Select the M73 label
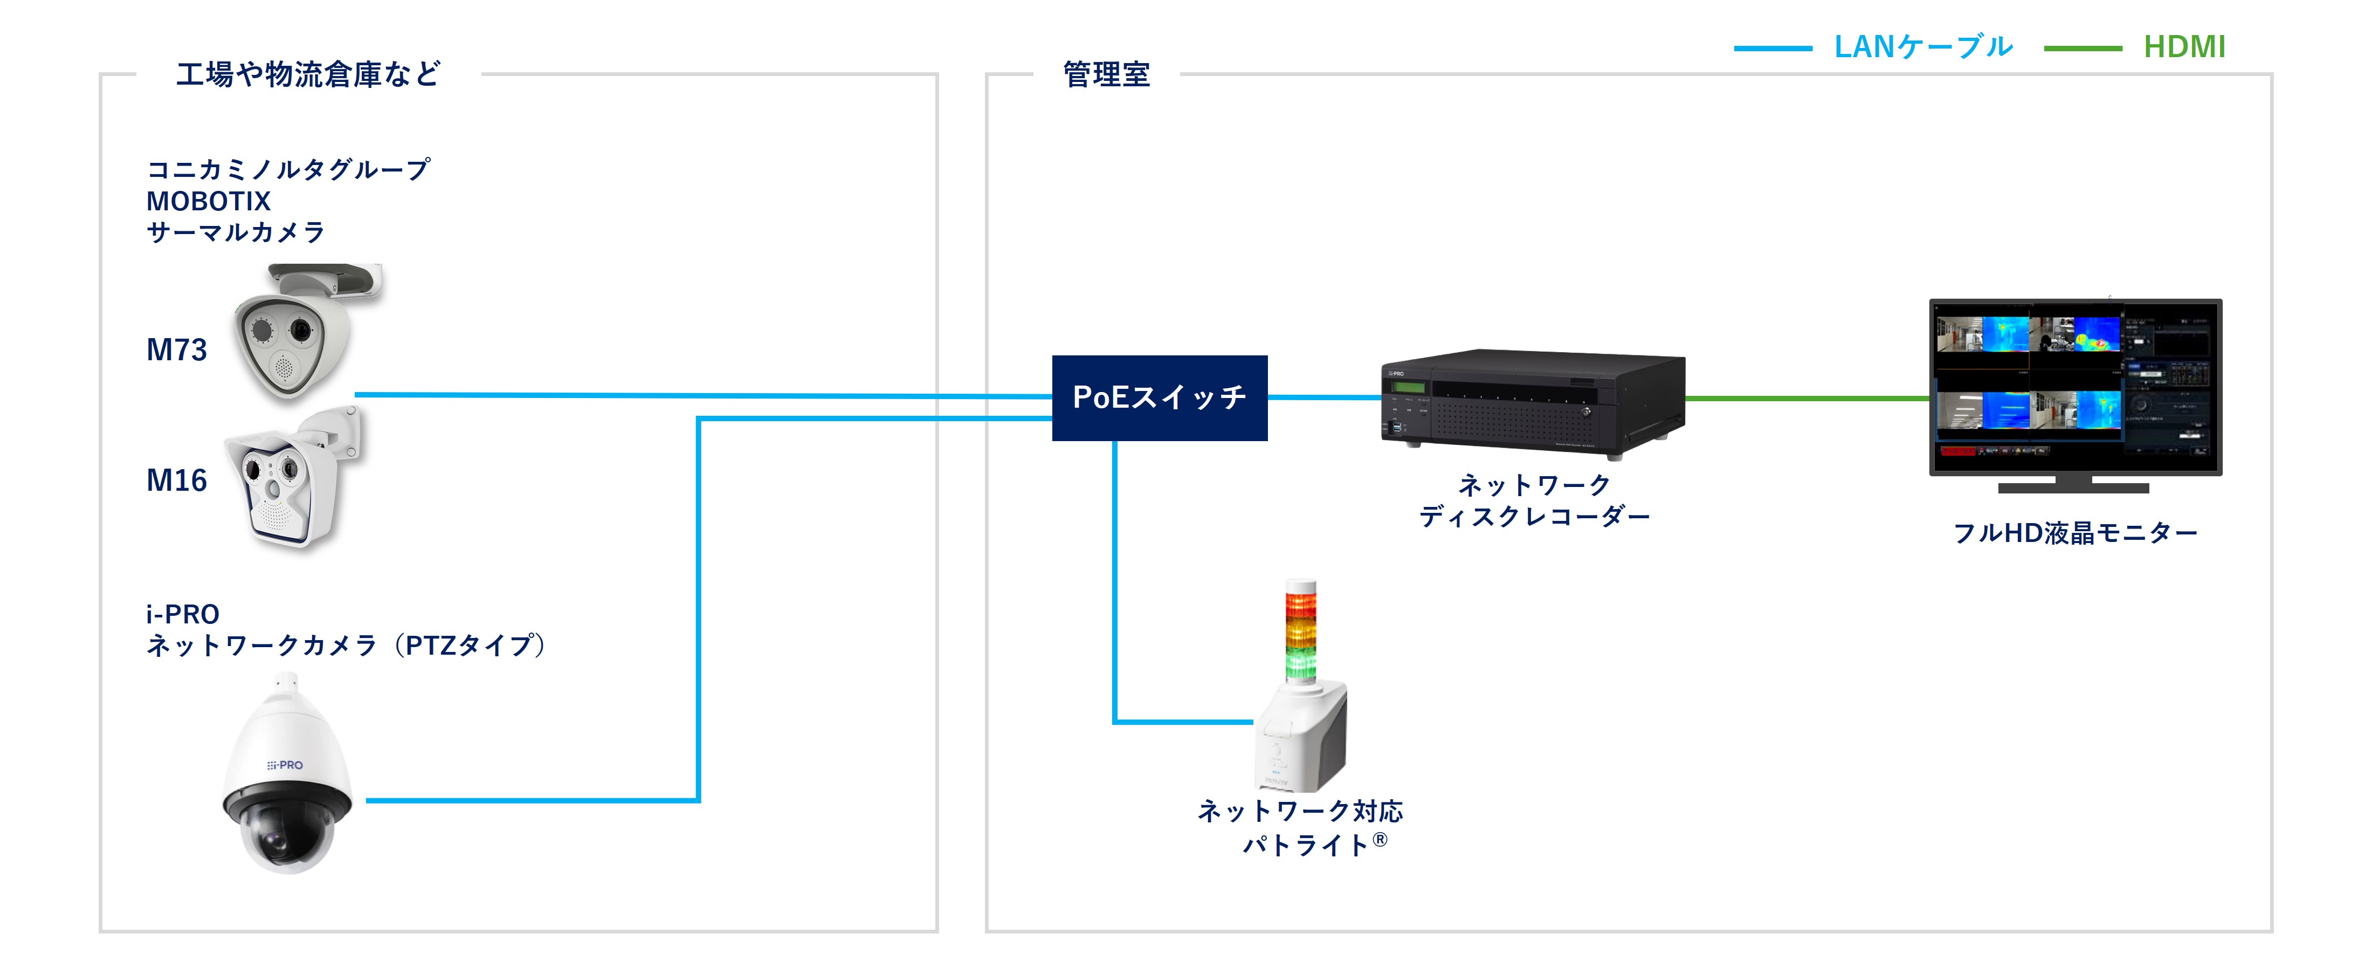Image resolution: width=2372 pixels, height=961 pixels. [177, 350]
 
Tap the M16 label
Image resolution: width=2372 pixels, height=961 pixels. [177, 480]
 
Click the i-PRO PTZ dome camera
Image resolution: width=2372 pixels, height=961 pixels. [286, 779]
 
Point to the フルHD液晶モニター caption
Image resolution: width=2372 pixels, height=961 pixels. [2074, 533]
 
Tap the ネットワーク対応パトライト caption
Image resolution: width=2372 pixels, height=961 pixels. [1300, 827]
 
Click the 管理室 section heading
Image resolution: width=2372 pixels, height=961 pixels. [1106, 74]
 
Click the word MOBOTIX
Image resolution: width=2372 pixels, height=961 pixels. [208, 201]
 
